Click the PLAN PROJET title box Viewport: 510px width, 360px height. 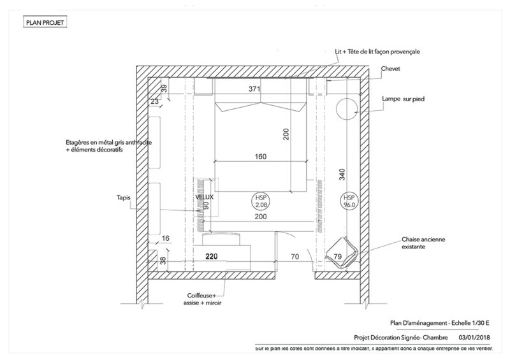(45, 23)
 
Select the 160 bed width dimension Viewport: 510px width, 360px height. (259, 156)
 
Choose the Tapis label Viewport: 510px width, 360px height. (124, 198)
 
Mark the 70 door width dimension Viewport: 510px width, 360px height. (294, 257)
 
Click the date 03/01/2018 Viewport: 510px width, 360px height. (475, 338)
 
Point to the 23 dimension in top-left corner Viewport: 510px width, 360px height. (154, 100)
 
